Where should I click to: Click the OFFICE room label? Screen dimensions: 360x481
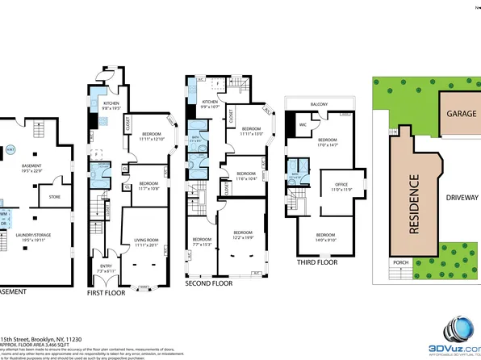pyautogui.click(x=341, y=185)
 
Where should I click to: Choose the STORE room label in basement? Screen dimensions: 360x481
pyautogui.click(x=55, y=196)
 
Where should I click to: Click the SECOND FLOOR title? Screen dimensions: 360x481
pyautogui.click(x=208, y=283)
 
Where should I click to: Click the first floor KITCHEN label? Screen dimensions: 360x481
pyautogui.click(x=111, y=103)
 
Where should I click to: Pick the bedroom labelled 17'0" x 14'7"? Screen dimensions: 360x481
pyautogui.click(x=341, y=141)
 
